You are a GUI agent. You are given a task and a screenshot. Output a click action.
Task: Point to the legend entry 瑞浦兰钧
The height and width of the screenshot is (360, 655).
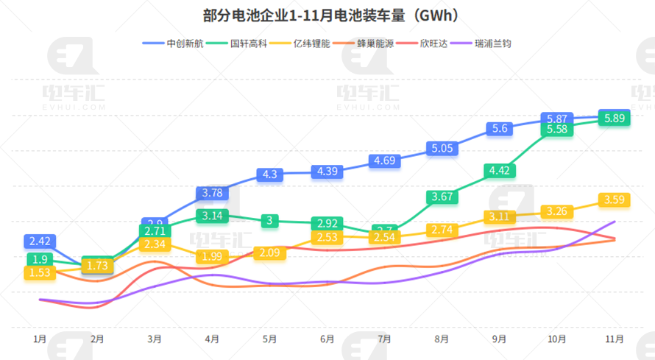pos(492,43)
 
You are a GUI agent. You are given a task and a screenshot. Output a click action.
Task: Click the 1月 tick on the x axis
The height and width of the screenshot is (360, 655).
pos(40,339)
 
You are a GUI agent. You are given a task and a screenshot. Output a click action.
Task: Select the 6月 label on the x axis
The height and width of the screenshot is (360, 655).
pos(327,339)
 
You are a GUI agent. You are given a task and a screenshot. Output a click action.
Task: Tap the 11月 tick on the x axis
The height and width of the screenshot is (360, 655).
pos(615,339)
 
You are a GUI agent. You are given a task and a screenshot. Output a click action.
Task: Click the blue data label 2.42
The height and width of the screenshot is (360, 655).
pos(39,241)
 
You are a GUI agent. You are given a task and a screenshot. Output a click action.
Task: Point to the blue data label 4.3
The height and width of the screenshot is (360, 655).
pos(270,174)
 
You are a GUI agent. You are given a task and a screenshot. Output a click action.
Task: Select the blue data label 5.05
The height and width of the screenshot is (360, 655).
pos(442,149)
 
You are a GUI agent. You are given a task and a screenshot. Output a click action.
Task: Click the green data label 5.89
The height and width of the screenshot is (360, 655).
pos(615,118)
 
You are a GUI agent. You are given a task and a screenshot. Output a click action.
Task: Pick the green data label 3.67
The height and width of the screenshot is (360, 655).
pos(442,197)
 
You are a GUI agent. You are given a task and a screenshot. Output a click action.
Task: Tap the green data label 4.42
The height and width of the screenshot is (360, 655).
pos(500,171)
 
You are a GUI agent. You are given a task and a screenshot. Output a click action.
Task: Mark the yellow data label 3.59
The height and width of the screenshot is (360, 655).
pos(615,200)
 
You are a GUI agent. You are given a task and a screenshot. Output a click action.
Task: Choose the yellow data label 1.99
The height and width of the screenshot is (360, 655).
pos(213,256)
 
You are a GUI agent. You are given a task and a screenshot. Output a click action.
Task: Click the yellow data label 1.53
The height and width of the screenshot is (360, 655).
pos(39,272)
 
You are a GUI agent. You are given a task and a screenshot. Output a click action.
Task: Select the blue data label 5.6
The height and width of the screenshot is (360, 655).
pos(500,129)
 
